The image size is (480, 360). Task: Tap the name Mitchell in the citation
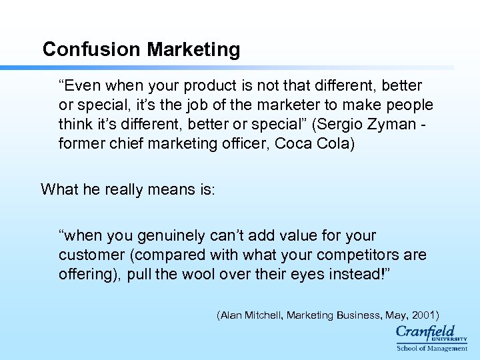[263, 314]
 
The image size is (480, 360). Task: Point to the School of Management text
[432, 348]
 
